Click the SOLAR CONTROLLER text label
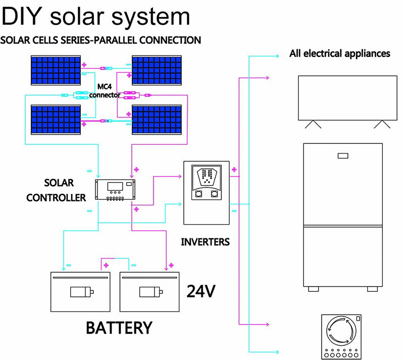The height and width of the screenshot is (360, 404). pyautogui.click(x=56, y=190)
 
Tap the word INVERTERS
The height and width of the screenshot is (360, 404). pyautogui.click(x=205, y=242)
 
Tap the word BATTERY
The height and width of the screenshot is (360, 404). pyautogui.click(x=119, y=327)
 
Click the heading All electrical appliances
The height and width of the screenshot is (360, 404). pyautogui.click(x=339, y=54)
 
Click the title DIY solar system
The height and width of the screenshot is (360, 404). pyautogui.click(x=96, y=17)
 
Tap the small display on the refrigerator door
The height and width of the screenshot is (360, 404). pyautogui.click(x=344, y=157)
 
